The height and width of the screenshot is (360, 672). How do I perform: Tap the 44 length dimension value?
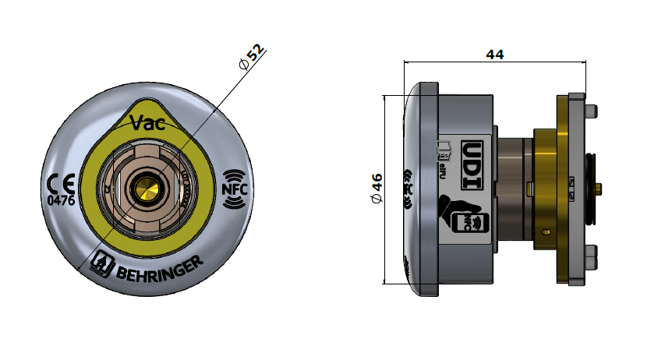coord(494,55)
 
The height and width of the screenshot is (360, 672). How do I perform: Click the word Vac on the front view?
coord(147,122)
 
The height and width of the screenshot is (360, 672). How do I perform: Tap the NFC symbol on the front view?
coord(235,189)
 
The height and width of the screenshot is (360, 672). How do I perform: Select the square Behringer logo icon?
coord(102,263)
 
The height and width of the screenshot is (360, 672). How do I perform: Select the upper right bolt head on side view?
coord(590,110)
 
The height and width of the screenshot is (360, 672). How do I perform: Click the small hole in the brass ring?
coord(546,231)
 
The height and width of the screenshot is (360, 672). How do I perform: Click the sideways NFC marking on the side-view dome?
coord(407,188)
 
